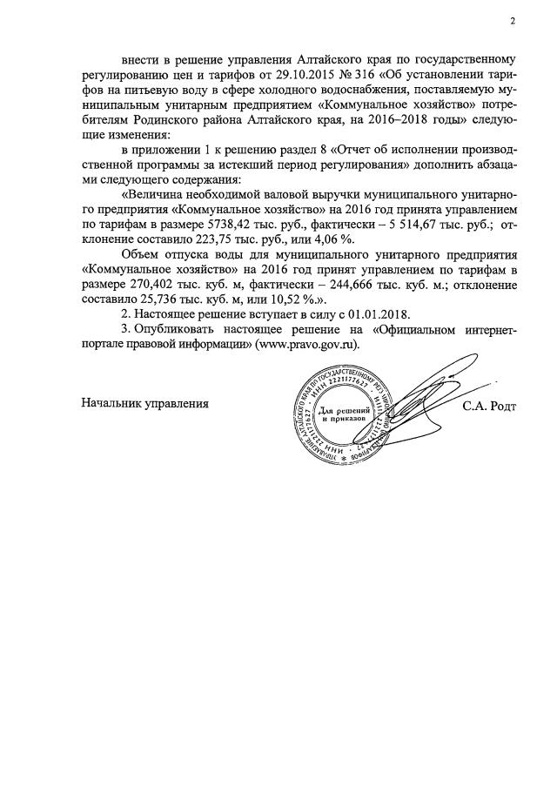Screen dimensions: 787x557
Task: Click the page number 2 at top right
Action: click(513, 21)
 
